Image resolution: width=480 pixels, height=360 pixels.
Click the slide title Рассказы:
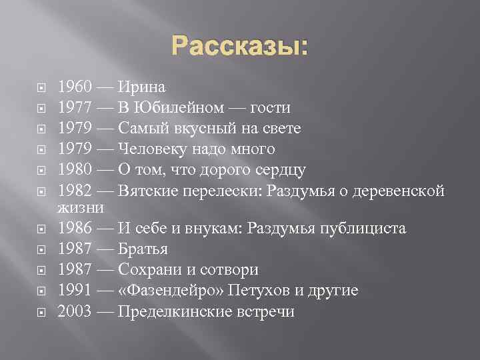240,47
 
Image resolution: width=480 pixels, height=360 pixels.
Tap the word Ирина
142,87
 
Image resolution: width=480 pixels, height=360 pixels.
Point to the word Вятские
147,190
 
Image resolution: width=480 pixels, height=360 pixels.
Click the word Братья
143,249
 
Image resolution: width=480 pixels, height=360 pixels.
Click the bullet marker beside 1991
41,291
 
